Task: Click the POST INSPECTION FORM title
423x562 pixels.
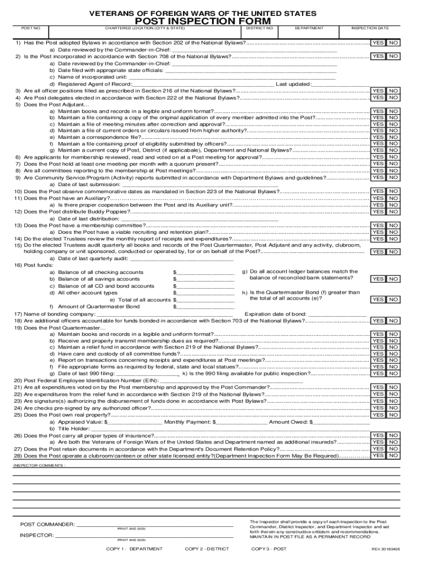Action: [x=211, y=20]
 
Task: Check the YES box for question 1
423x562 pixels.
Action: [x=377, y=43]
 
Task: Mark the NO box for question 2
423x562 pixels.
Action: [x=393, y=56]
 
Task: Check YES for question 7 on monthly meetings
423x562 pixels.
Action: [x=377, y=164]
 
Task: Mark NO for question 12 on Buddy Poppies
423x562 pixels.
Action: [x=393, y=211]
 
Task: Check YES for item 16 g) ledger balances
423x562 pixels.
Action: [x=377, y=279]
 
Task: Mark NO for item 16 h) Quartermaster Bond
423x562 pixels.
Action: [x=393, y=300]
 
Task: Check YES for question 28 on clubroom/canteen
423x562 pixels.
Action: [x=377, y=456]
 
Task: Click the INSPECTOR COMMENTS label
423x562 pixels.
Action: [x=39, y=465]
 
